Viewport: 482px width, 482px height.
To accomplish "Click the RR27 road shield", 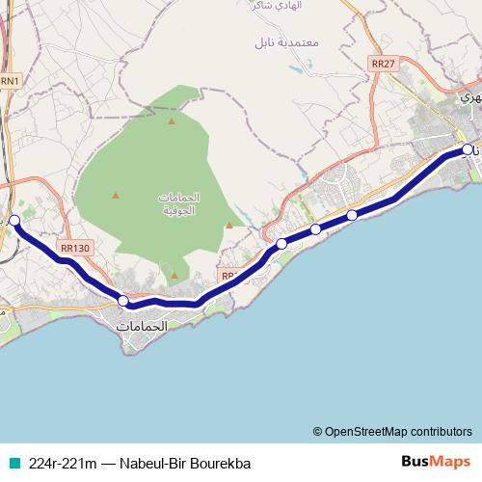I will click(383, 64).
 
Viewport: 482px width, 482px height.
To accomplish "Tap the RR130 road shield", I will click(74, 248).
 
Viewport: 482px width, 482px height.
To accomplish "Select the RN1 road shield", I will click(10, 81).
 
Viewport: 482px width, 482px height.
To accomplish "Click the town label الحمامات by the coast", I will click(142, 327).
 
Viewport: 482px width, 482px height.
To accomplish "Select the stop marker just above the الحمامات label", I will click(123, 302).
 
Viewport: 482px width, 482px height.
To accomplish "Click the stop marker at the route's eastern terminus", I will click(468, 149).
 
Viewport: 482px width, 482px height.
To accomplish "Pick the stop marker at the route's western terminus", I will click(13, 221).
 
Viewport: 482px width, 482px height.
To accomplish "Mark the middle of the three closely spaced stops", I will click(316, 229).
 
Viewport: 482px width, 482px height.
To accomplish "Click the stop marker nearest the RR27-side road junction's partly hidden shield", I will click(281, 244).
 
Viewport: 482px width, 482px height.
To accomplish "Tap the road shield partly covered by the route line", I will click(229, 276).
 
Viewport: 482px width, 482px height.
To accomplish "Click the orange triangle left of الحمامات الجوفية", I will click(116, 196).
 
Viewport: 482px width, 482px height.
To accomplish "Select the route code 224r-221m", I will click(62, 463).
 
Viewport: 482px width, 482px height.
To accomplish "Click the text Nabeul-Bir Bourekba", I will click(184, 463).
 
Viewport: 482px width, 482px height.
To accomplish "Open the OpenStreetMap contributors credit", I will click(397, 431).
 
